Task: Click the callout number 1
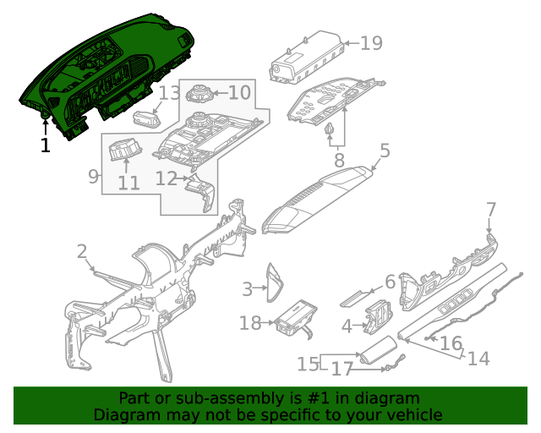point(45,145)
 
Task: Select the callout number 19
point(371,43)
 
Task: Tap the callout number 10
point(239,92)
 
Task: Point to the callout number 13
point(170,93)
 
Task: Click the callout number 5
point(385,151)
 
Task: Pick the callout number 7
point(491,209)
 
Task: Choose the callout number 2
point(82,251)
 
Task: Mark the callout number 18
point(250,323)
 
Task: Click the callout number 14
point(478,359)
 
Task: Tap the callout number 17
point(341,369)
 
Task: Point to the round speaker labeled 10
point(198,94)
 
